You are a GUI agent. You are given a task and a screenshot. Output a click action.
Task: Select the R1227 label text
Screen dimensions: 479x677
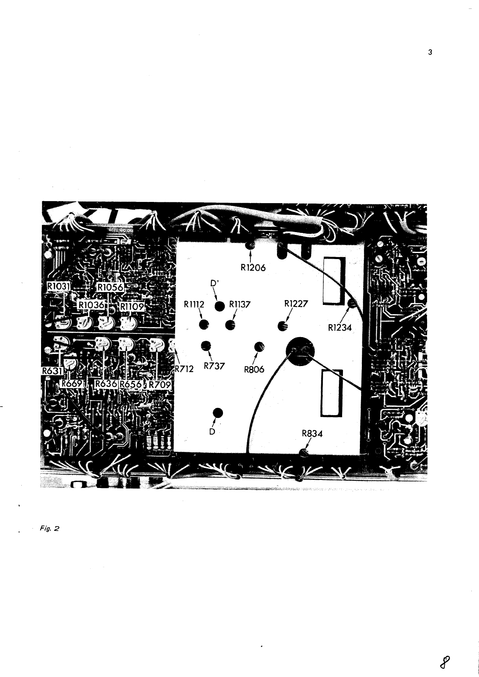[x=296, y=304]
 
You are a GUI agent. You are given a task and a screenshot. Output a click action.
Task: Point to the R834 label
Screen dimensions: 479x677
[x=312, y=434]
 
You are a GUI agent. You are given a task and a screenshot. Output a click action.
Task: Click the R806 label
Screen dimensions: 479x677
[x=254, y=369]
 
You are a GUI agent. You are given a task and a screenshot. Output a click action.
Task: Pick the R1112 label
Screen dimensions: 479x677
[x=194, y=305]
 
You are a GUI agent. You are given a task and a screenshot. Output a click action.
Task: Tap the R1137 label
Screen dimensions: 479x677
[x=240, y=305]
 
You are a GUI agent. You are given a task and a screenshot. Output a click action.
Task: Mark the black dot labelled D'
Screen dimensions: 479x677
[x=219, y=307]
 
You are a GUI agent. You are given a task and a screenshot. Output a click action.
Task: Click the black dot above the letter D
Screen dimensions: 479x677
[x=218, y=413]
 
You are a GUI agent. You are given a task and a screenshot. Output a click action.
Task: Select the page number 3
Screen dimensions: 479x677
[x=430, y=52]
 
